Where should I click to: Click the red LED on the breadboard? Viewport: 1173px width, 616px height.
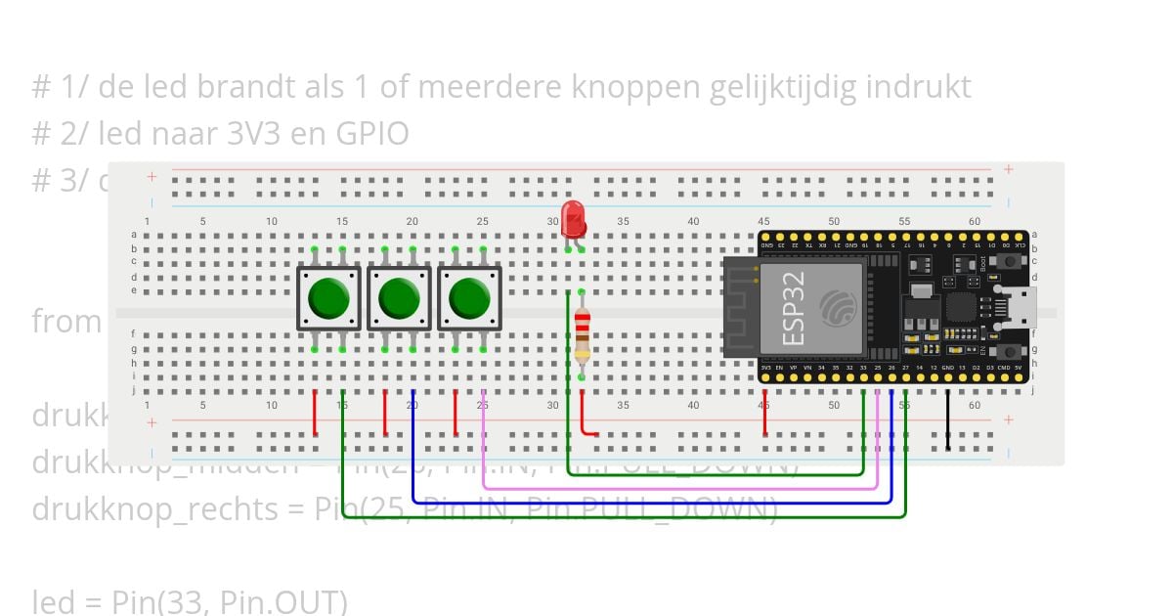(574, 218)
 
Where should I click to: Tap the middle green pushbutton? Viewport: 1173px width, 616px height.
(399, 298)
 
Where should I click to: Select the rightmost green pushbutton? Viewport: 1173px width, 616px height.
(469, 298)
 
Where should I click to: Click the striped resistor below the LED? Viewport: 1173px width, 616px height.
(582, 334)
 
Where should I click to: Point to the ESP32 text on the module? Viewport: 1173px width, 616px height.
(795, 309)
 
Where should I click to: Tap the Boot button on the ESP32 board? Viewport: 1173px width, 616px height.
(1007, 261)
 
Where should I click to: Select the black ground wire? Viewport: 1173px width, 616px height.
(947, 420)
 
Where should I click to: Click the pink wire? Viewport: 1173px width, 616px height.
(684, 486)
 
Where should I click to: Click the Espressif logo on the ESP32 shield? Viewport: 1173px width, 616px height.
(838, 309)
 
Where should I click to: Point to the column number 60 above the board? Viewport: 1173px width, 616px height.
(975, 222)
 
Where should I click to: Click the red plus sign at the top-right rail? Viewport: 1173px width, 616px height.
(1008, 170)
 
